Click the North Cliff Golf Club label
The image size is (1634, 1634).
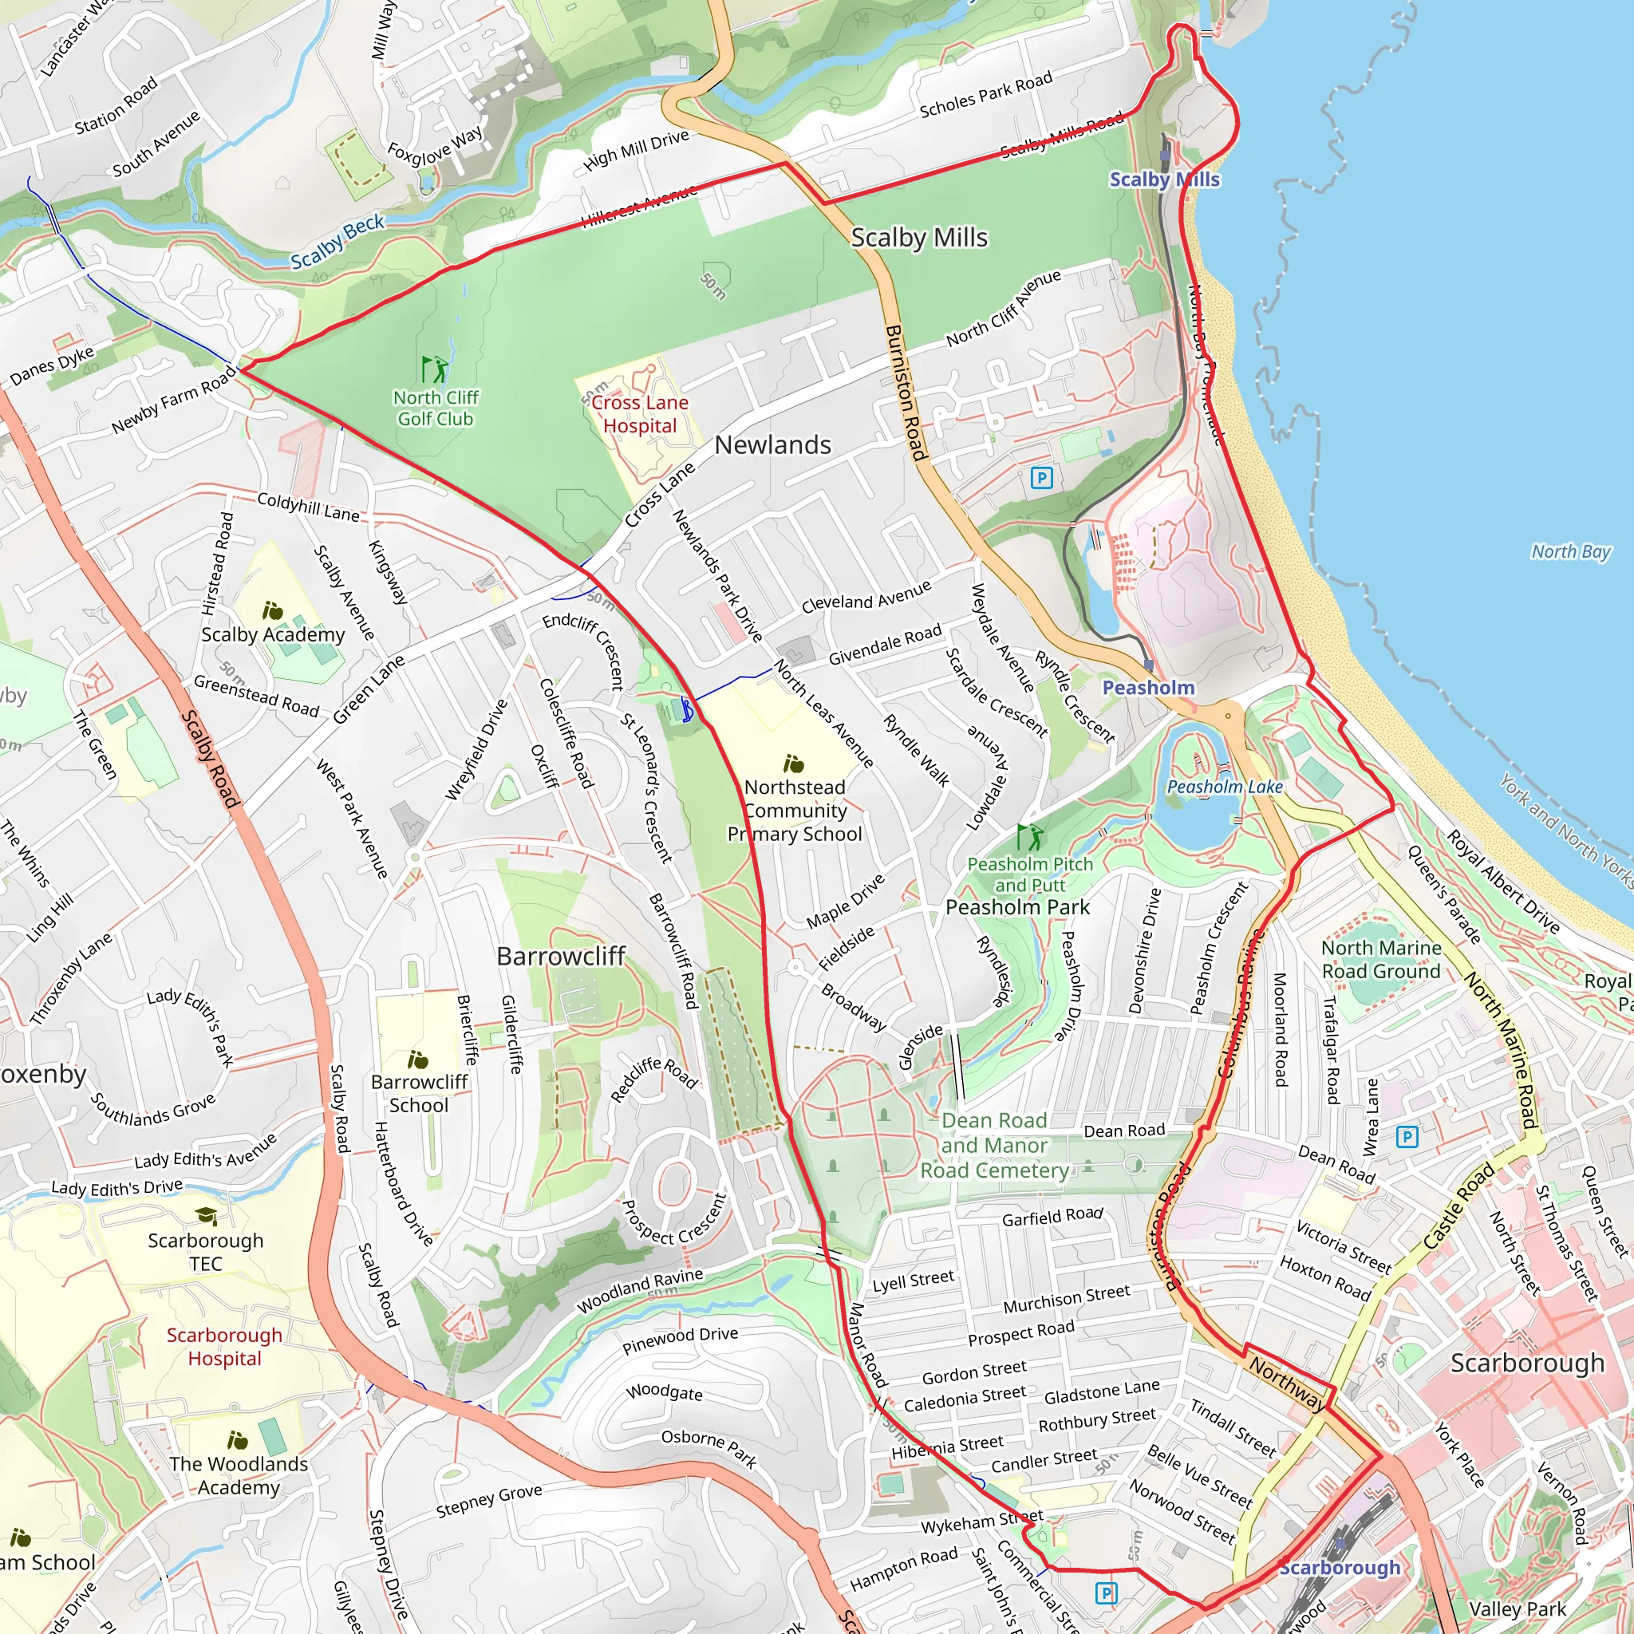[x=436, y=408]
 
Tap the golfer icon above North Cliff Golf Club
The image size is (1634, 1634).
[x=435, y=369]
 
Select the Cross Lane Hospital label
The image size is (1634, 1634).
[x=639, y=414]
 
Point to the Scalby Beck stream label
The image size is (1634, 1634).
[x=337, y=242]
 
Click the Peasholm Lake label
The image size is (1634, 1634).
[x=1225, y=787]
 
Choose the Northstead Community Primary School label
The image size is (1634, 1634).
[x=794, y=811]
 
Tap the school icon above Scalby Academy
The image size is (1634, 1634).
[x=271, y=610]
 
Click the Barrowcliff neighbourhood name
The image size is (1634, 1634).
[x=561, y=956]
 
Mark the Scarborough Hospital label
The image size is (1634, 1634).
[x=224, y=1347]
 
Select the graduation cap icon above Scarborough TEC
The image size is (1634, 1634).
[x=207, y=1216]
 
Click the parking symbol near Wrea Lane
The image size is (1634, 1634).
[x=1407, y=1137]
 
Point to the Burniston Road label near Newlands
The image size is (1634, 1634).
[x=906, y=393]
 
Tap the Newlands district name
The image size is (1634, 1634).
[x=772, y=445]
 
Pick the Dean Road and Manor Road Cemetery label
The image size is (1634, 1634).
[x=994, y=1145]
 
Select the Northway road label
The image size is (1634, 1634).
[x=1286, y=1382]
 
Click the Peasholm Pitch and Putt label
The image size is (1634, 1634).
[x=1029, y=874]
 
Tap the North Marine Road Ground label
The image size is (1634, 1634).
[x=1381, y=959]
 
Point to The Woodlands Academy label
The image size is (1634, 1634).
[x=239, y=1475]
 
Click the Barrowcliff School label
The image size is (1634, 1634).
[x=419, y=1093]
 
